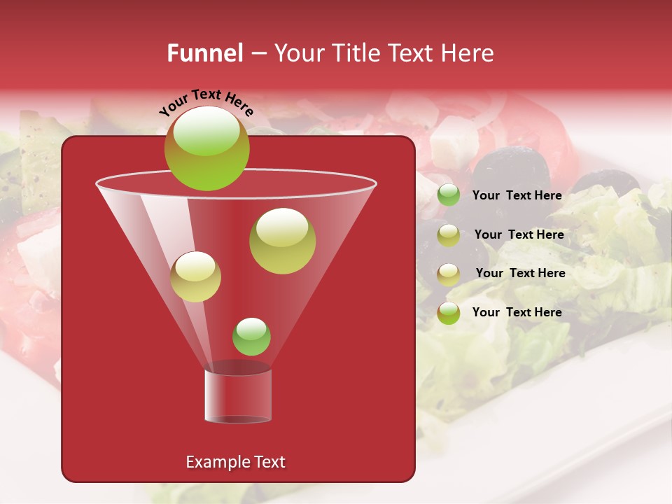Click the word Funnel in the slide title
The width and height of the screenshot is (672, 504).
204,53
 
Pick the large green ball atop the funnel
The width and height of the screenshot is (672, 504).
206,148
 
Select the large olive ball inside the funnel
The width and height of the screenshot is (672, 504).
282,240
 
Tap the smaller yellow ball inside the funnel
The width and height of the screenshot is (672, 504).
195,276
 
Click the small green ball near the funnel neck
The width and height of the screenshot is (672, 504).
251,337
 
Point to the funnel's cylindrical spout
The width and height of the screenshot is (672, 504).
238,395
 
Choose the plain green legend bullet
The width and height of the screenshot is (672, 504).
449,195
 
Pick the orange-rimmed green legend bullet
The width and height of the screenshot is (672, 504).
449,313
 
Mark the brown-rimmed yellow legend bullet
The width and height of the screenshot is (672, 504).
449,274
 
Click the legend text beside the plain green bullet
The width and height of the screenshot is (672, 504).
517,195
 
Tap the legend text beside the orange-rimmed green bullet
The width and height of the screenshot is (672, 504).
517,312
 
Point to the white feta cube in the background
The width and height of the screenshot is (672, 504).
454,140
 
